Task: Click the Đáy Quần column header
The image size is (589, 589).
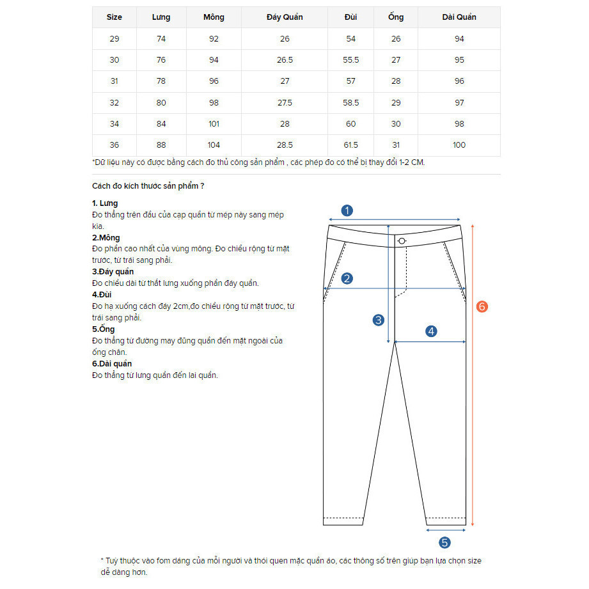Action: [285, 17]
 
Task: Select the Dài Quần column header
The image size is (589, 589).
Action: [459, 17]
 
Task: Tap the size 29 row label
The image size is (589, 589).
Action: [114, 39]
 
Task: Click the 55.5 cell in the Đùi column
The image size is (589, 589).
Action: [351, 60]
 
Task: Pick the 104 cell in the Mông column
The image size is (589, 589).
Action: [214, 145]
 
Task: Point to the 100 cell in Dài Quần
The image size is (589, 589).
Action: [459, 145]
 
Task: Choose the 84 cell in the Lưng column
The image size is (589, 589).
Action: [161, 124]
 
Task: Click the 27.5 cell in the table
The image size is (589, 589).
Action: [285, 103]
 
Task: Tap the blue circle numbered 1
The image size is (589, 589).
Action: [347, 210]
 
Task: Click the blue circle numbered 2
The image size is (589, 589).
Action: [347, 278]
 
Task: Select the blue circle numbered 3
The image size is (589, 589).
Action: [379, 320]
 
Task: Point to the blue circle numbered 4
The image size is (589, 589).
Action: [431, 331]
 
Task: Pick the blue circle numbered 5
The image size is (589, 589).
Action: [445, 542]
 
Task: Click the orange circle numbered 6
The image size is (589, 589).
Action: [482, 307]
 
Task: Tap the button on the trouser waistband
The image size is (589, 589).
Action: [402, 240]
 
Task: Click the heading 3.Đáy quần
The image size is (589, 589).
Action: [113, 272]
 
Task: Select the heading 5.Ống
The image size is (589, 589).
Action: [104, 329]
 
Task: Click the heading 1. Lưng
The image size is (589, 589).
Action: [105, 203]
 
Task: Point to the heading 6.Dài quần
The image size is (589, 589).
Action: [112, 364]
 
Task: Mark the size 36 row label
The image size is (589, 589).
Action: [114, 145]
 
